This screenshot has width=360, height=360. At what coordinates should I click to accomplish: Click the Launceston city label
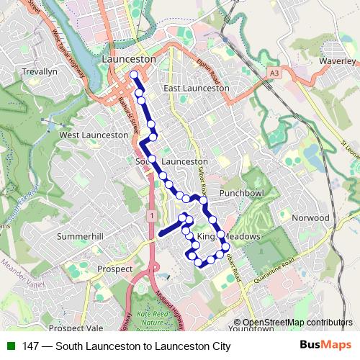pyautogui.click(x=129, y=58)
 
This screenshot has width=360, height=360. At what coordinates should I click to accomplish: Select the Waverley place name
pyautogui.click(x=338, y=62)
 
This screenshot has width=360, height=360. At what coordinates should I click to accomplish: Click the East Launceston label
pyautogui.click(x=196, y=88)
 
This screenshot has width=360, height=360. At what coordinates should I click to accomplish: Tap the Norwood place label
pyautogui.click(x=310, y=217)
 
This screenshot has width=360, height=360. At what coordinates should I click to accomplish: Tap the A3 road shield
pyautogui.click(x=274, y=73)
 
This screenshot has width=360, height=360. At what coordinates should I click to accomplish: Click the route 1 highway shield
pyautogui.click(x=151, y=215)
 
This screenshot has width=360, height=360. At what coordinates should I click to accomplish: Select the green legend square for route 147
pyautogui.click(x=9, y=346)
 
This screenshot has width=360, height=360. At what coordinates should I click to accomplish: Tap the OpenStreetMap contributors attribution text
pyautogui.click(x=297, y=323)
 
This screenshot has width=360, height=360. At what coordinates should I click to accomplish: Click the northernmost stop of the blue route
pyautogui.click(x=134, y=75)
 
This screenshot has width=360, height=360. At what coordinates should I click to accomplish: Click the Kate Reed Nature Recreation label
pyautogui.click(x=153, y=316)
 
